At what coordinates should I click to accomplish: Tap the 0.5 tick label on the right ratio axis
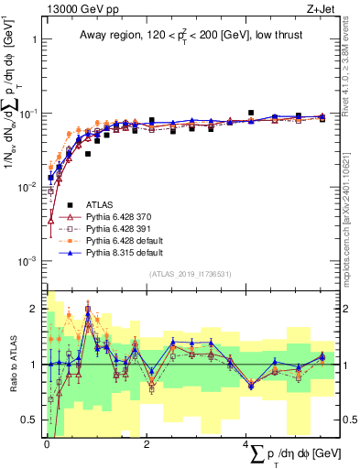tap(349, 420)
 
